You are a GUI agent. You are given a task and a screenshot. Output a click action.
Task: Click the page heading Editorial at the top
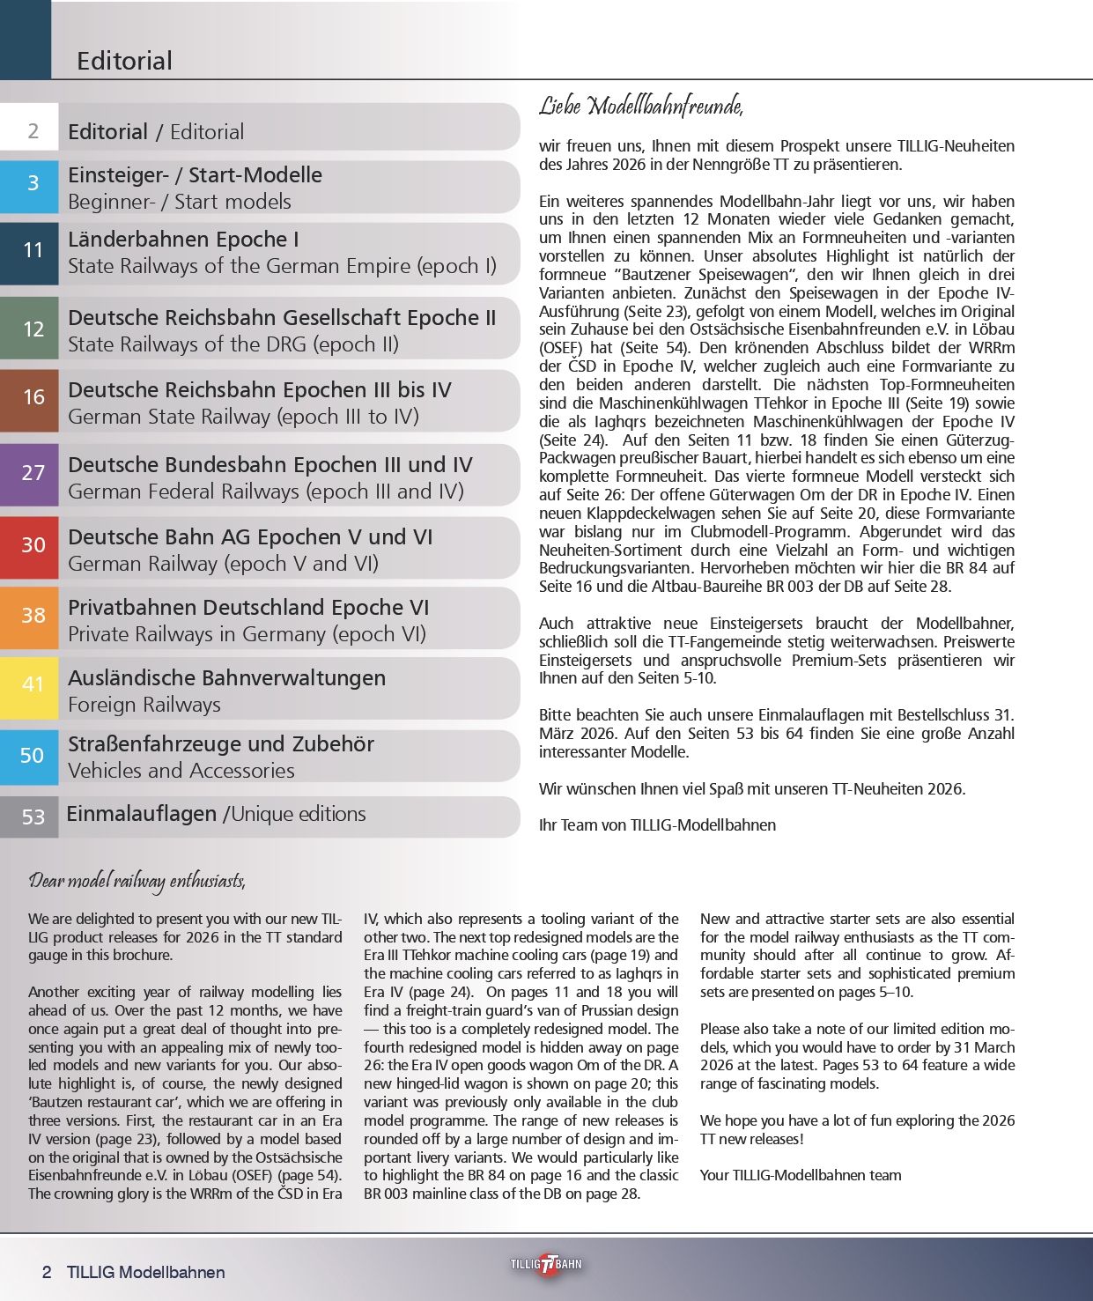(x=124, y=61)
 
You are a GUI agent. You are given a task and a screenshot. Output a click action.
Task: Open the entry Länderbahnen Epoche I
(x=183, y=240)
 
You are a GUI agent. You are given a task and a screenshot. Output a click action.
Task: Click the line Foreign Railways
(x=144, y=705)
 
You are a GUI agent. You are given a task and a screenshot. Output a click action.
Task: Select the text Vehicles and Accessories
(x=181, y=771)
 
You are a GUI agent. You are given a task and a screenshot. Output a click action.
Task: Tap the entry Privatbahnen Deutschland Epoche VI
(x=248, y=608)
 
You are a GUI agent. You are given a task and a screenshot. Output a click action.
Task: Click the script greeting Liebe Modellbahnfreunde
(x=641, y=107)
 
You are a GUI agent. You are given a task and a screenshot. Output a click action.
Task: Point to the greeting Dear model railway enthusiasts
(x=137, y=881)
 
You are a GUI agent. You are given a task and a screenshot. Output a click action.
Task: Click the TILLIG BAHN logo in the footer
(x=546, y=1264)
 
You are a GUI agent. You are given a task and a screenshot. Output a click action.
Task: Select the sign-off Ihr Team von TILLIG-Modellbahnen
(x=657, y=825)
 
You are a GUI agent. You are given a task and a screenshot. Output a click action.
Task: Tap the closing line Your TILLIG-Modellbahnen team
(x=801, y=1175)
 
